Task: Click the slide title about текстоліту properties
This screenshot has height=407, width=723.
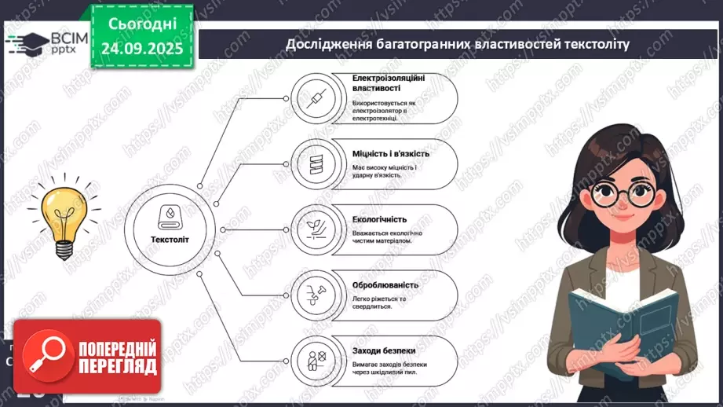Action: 457,45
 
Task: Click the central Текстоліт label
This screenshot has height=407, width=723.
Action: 170,240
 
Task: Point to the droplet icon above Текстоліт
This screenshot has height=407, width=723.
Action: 170,214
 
